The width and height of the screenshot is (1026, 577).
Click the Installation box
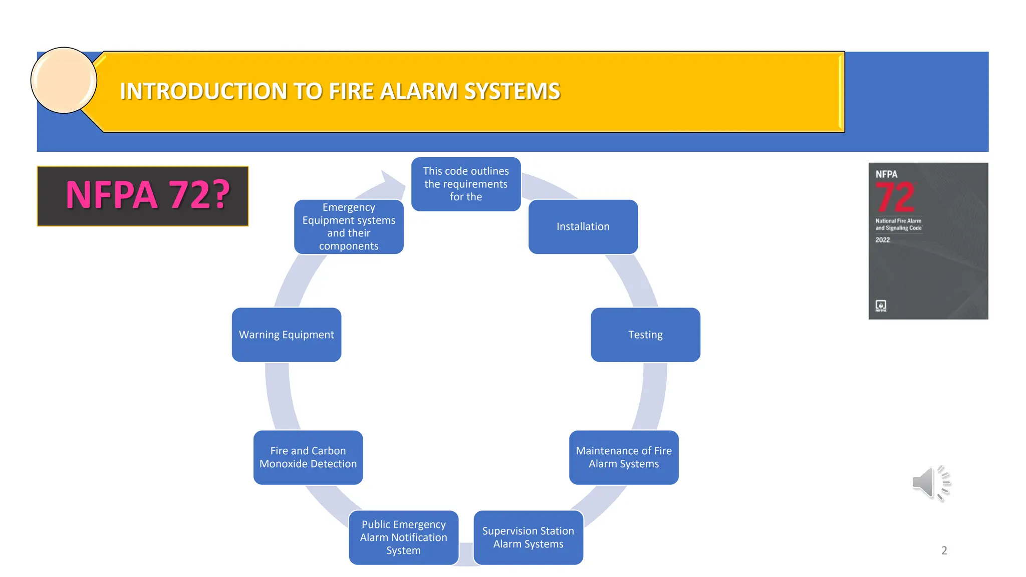583,226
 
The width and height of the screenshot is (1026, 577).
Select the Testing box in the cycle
645,335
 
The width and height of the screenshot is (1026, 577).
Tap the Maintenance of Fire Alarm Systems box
624,457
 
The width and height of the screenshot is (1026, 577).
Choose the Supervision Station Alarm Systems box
528,537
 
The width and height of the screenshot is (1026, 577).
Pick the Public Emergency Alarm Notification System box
403,537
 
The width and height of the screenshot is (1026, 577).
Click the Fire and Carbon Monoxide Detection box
308,457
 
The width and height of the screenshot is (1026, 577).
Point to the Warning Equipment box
287,335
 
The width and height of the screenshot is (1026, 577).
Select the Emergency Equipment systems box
349,226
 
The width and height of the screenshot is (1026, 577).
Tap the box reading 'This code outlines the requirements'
466,184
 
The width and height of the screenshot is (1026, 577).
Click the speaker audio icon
931,483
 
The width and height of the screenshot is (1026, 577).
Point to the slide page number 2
944,550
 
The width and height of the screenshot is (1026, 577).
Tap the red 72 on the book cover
895,197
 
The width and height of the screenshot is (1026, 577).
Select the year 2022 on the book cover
883,240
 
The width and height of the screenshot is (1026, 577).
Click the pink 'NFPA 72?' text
148,195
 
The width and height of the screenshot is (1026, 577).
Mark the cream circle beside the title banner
64,80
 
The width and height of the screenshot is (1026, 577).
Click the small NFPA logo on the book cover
881,306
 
